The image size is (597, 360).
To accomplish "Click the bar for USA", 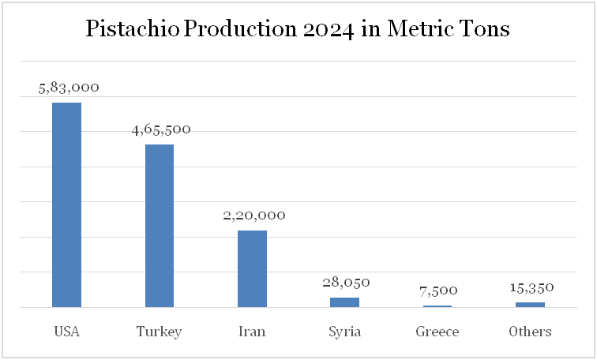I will [x=67, y=204].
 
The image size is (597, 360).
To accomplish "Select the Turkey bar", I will [x=160, y=226].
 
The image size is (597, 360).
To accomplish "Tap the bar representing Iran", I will [x=252, y=268].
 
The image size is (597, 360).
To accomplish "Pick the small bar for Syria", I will [x=344, y=302].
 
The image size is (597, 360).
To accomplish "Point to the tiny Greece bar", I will [x=437, y=306].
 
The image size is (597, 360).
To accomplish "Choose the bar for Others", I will [x=530, y=305].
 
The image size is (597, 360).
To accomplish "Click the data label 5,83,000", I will [x=69, y=88].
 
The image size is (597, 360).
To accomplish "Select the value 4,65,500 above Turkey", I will [x=161, y=129].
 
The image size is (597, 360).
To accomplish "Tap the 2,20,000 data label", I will [x=253, y=215].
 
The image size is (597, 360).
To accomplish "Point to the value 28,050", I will [x=346, y=282].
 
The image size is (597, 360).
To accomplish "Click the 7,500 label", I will [x=438, y=291].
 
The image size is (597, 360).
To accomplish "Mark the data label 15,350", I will [x=531, y=287].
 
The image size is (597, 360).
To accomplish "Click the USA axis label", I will [x=67, y=332].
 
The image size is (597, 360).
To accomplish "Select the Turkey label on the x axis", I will [x=160, y=332].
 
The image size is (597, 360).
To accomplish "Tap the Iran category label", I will [x=252, y=332].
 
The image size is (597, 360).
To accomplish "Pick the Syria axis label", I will [x=344, y=332].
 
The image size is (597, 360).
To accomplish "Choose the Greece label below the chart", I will [x=437, y=332].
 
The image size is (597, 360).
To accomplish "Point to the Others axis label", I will [x=530, y=332].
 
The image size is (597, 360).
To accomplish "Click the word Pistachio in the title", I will [x=132, y=31].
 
